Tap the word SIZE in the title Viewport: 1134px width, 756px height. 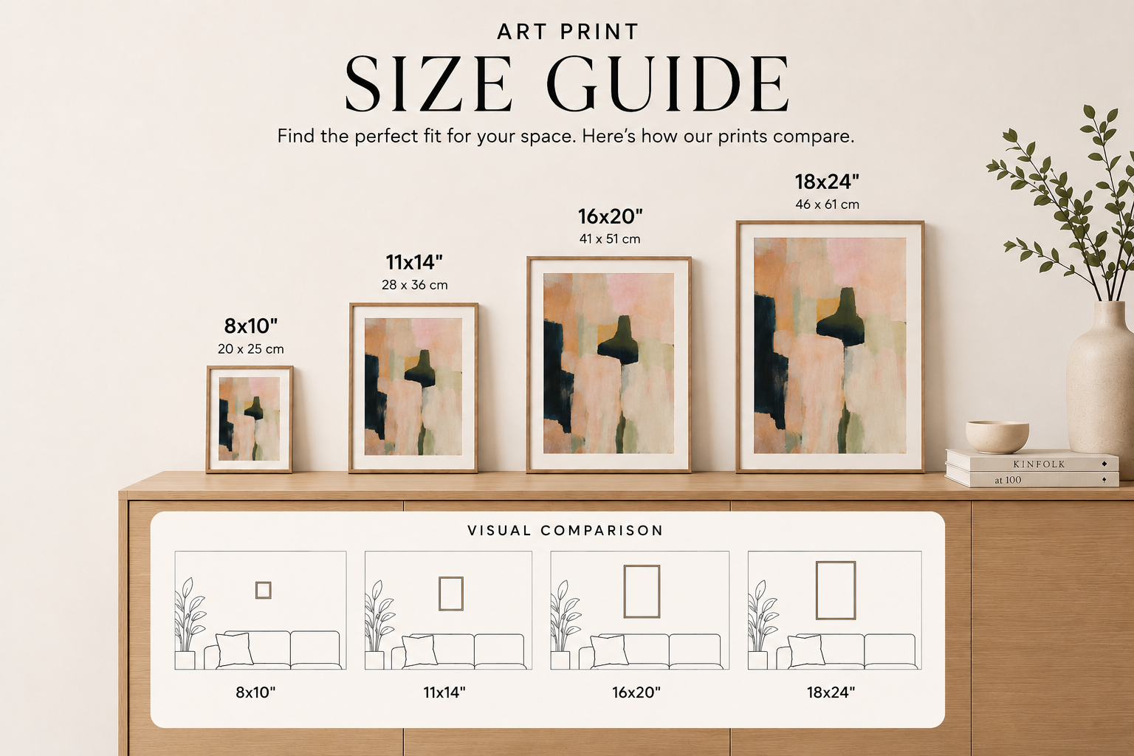(428, 83)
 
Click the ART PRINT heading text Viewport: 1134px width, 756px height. (567, 32)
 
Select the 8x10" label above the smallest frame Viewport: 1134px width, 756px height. (251, 326)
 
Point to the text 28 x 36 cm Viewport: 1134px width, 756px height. (415, 285)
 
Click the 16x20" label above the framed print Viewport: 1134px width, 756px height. (610, 217)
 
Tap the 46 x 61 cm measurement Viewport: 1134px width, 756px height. (827, 205)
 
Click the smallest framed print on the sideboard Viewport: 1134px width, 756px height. (249, 419)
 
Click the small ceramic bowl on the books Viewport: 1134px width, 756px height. (997, 436)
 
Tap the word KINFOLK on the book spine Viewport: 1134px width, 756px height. (1039, 464)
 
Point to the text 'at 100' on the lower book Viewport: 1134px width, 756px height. (1008, 480)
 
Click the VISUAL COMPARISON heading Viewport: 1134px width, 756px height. (565, 531)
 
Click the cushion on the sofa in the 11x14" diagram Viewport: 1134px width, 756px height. (419, 650)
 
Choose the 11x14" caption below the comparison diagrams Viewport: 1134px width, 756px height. (444, 693)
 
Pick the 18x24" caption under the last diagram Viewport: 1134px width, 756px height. (831, 693)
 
